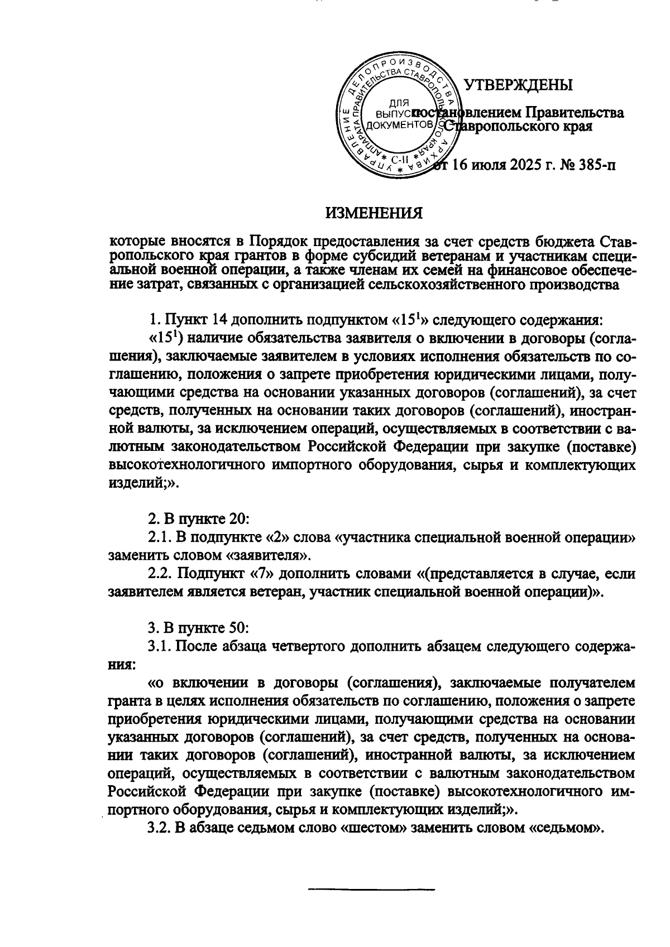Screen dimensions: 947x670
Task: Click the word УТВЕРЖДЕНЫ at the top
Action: pyautogui.click(x=519, y=85)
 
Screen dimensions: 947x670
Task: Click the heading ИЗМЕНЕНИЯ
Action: pyautogui.click(x=374, y=214)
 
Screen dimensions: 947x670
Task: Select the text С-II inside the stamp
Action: pyautogui.click(x=400, y=159)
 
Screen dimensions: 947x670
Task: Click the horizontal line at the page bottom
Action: pyautogui.click(x=372, y=888)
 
